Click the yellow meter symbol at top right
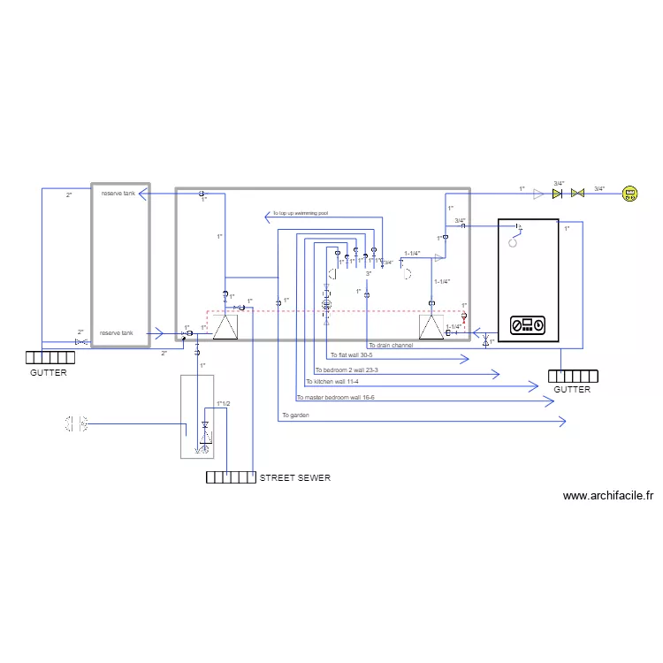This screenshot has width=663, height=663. [629, 194]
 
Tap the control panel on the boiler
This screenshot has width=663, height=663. [528, 326]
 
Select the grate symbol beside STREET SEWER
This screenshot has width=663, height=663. [231, 478]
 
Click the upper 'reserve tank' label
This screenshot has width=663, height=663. [118, 193]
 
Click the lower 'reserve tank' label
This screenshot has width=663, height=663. [116, 333]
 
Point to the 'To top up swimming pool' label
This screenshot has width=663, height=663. [301, 214]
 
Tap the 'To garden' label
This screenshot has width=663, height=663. [296, 415]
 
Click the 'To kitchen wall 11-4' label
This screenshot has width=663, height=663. [333, 382]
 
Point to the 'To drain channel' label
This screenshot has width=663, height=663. [390, 345]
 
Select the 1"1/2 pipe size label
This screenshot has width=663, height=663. [223, 404]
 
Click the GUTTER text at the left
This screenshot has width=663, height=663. [49, 373]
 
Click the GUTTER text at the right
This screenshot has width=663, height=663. [572, 389]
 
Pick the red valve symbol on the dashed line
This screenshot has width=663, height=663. [464, 315]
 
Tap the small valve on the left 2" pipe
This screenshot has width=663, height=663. [80, 342]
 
